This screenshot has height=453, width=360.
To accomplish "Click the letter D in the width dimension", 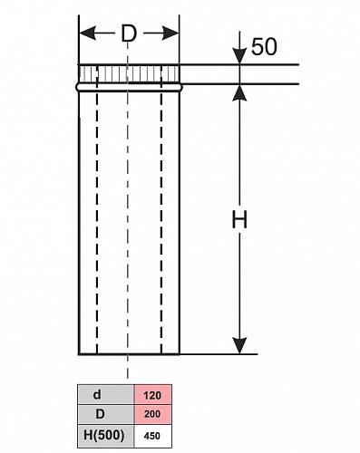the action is click(129, 34).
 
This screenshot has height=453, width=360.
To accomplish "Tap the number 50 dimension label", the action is click(264, 47).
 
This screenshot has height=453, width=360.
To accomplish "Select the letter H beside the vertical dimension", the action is click(239, 219).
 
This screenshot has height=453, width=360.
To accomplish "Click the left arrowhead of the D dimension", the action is click(88, 33).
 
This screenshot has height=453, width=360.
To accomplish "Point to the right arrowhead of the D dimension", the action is click(170, 33).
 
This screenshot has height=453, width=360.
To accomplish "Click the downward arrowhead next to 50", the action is click(239, 56).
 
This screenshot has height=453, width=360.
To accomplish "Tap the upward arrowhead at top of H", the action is click(239, 92).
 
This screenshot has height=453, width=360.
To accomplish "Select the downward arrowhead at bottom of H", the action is click(239, 345).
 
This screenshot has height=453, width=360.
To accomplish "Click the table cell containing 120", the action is click(152, 395).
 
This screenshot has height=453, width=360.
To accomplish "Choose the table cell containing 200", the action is click(152, 414).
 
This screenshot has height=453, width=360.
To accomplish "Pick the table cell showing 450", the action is click(152, 436).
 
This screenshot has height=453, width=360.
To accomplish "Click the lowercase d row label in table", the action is click(97, 394).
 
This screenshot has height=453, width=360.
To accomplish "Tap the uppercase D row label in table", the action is click(100, 414).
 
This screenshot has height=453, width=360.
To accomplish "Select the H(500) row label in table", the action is click(104, 435).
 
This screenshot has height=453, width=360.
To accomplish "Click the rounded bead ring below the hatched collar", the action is click(129, 87).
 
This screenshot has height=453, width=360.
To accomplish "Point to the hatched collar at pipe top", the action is click(129, 73).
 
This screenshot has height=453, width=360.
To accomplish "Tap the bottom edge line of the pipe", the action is click(129, 353).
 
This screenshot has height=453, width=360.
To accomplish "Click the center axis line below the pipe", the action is click(128, 367).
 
